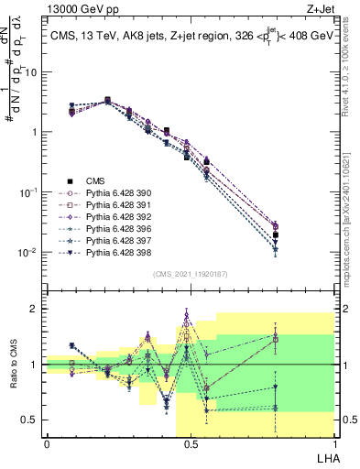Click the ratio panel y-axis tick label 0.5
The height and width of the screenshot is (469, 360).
31,420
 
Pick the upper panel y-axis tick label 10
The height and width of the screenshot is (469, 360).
33,71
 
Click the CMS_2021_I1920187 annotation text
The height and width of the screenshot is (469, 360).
190,274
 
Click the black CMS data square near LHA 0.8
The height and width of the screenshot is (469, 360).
275,235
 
